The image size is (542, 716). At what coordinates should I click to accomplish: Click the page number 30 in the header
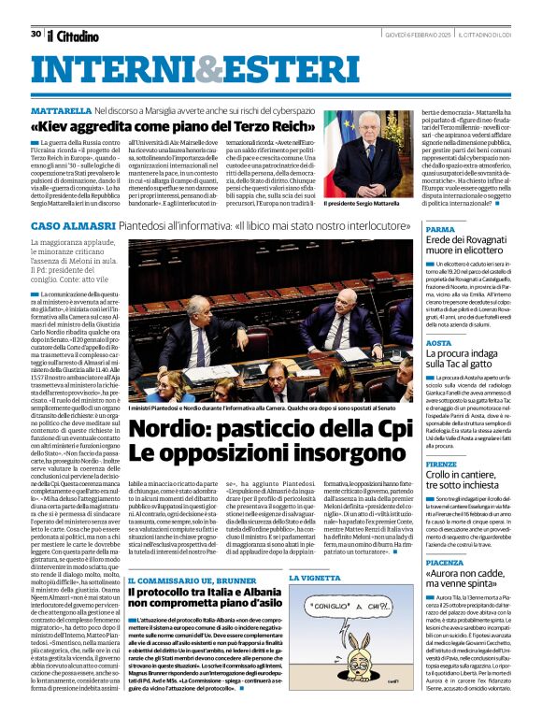pos(36,34)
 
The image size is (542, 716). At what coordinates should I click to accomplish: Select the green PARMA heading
pos(440,229)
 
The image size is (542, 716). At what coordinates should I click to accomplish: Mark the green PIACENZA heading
pos(445,564)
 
